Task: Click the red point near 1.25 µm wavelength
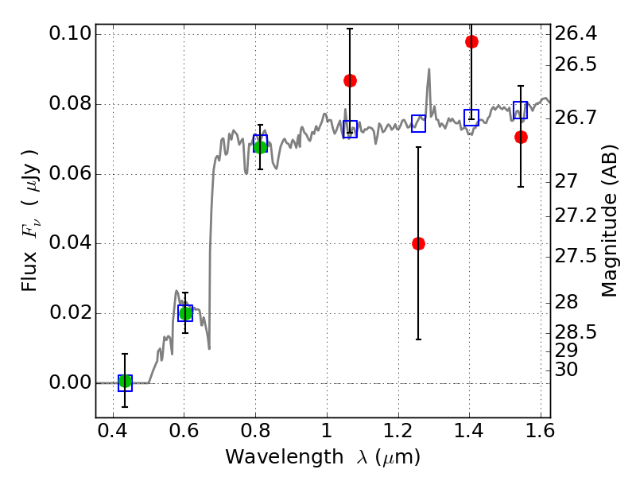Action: coord(418,243)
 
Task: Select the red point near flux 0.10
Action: coord(471,41)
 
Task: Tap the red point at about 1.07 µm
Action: coord(350,81)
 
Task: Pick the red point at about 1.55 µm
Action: coord(521,137)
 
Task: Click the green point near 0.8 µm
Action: coord(260,147)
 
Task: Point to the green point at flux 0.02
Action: coord(185,313)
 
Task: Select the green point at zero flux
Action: coord(126,382)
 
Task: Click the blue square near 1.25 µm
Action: coord(419,123)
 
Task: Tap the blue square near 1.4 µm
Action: coord(471,118)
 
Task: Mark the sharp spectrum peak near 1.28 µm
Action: coord(429,69)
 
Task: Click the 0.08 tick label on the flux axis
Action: coord(70,103)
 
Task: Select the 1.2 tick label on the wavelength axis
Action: coord(398,431)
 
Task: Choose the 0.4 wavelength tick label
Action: coord(113,431)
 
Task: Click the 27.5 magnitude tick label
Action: coord(576,256)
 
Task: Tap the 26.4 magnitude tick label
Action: coord(576,33)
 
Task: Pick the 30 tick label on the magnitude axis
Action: coord(566,369)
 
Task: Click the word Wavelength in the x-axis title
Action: coord(285,457)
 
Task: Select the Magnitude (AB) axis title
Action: coord(609,221)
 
